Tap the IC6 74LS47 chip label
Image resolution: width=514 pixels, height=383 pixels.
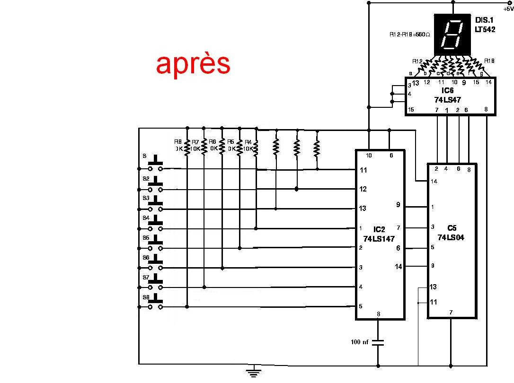447,96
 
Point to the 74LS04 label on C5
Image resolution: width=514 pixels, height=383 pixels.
451,237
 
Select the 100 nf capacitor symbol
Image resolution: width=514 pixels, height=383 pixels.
378,342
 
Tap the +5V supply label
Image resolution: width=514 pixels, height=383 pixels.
508,9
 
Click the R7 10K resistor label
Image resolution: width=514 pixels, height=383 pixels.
195,145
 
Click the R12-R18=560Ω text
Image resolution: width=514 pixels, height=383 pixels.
409,35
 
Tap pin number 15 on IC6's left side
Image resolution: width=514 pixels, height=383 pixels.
411,110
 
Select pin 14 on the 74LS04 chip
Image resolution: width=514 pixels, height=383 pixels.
434,181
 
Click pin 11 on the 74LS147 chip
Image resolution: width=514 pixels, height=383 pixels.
363,170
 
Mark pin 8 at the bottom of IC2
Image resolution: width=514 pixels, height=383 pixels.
378,314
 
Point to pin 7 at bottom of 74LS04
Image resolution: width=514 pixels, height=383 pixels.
451,312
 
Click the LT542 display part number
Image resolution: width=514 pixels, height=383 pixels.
485,29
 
